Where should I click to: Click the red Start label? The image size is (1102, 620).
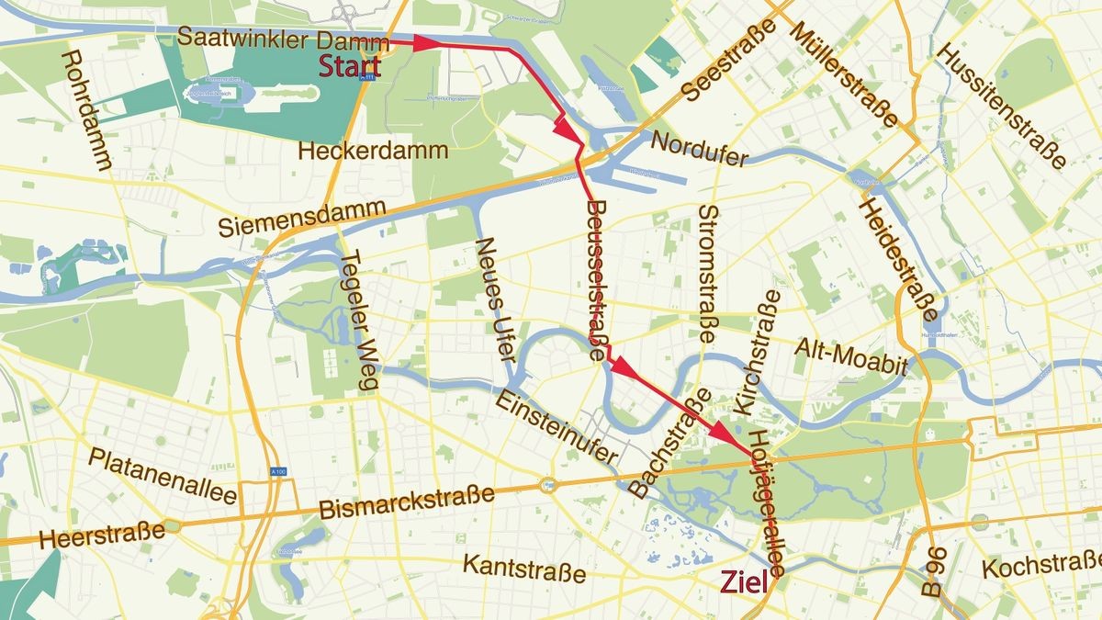[x=350, y=66]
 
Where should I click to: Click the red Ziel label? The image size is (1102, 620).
[x=744, y=582]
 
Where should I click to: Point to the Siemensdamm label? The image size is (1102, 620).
[x=301, y=219]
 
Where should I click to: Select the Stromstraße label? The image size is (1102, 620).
[x=707, y=274]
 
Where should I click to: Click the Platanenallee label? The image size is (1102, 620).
[x=163, y=477]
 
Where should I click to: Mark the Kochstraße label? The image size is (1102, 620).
[x=1040, y=568]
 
